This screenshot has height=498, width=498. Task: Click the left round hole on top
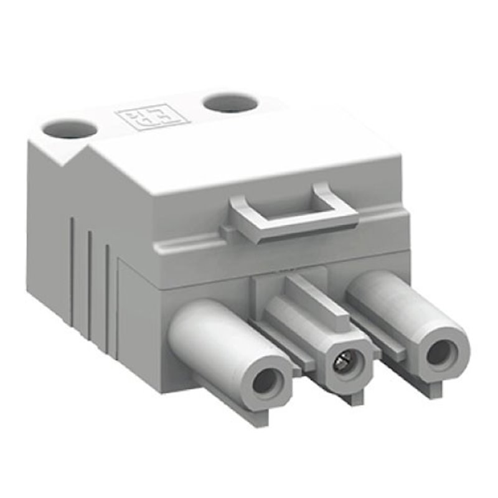click(x=70, y=129)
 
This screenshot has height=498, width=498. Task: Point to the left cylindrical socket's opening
click(x=266, y=382)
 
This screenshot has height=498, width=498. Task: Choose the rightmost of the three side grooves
click(x=108, y=293)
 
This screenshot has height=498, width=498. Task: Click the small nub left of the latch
click(x=228, y=233)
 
